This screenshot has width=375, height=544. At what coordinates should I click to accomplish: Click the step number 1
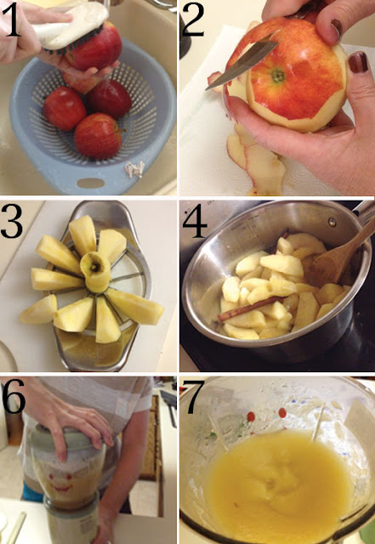point(12,20)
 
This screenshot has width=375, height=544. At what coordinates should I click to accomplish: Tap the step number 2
point(193,20)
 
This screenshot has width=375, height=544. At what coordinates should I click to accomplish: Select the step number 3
point(12,221)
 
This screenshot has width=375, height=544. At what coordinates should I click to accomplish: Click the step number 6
point(14,396)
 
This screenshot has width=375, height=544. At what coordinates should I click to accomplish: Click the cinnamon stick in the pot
point(251,308)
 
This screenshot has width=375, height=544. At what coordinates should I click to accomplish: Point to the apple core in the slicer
point(95,271)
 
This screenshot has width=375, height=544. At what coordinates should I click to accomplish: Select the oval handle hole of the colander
point(91,183)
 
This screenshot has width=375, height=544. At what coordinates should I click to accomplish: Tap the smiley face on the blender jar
point(62,484)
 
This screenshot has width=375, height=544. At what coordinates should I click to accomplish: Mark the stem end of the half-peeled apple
point(278,76)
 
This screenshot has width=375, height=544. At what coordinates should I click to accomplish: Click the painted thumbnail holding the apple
point(358,62)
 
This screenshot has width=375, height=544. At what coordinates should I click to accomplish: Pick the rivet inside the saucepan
point(332,221)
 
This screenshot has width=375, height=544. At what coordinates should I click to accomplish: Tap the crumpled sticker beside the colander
point(134,169)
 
